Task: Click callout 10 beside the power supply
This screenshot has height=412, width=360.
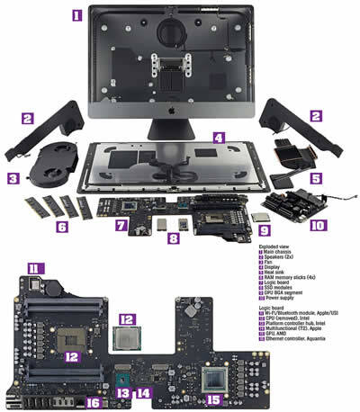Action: coord(317,227)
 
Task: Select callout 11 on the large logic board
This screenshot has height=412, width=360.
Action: coord(35,267)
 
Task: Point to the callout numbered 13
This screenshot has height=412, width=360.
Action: coord(123,392)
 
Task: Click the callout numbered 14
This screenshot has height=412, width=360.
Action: coord(142,392)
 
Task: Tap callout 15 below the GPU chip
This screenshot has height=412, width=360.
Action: coord(213,399)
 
